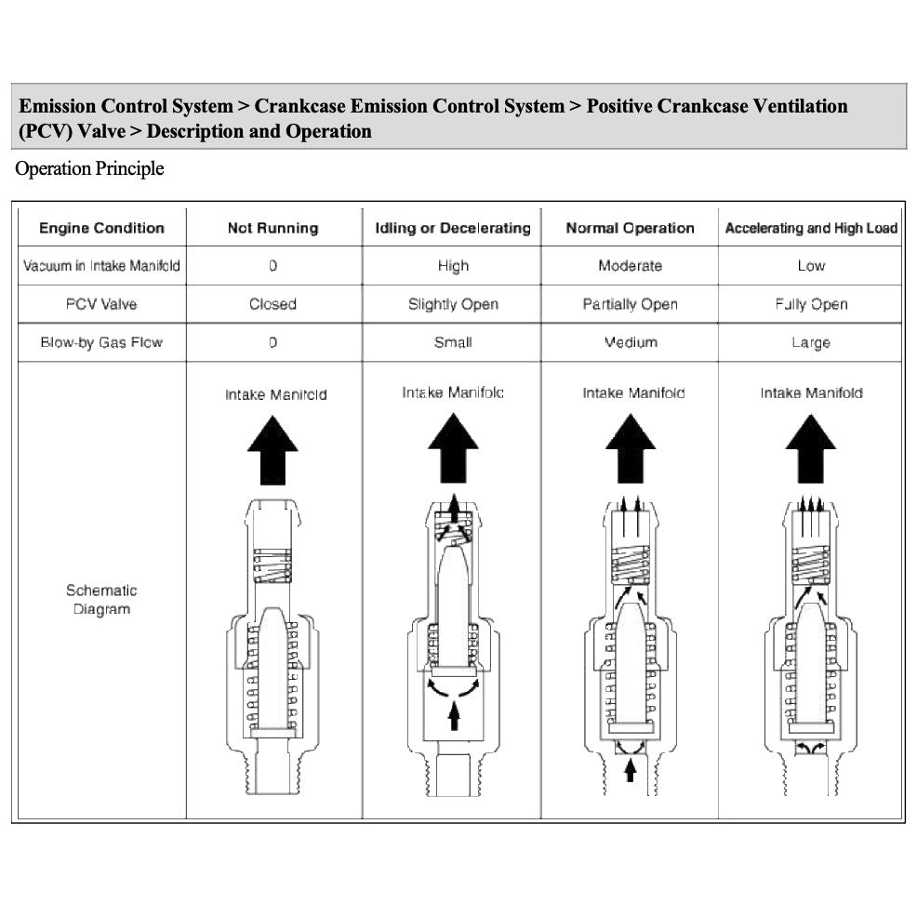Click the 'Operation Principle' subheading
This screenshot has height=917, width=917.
pyautogui.click(x=89, y=168)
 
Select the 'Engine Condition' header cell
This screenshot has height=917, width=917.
pyautogui.click(x=101, y=228)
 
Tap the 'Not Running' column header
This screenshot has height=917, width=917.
pyautogui.click(x=272, y=228)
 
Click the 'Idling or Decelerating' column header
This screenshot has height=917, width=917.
pyautogui.click(x=452, y=228)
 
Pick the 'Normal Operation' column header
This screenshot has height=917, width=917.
pyautogui.click(x=630, y=228)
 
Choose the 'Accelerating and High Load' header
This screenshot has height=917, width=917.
pyautogui.click(x=811, y=228)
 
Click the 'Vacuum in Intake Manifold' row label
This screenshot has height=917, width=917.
pyautogui.click(x=101, y=266)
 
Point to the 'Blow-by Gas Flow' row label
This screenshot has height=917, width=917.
pyautogui.click(x=101, y=342)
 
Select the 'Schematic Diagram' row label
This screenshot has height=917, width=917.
pyautogui.click(x=101, y=600)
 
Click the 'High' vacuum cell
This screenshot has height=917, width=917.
pyautogui.click(x=453, y=266)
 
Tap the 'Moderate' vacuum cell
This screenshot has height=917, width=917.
pyautogui.click(x=630, y=266)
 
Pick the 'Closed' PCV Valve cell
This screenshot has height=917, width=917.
pyautogui.click(x=272, y=304)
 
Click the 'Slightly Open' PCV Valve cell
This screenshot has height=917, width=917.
pyautogui.click(x=453, y=304)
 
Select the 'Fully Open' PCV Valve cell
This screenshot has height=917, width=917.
pyautogui.click(x=811, y=304)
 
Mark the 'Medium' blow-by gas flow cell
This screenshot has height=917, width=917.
pyautogui.click(x=630, y=342)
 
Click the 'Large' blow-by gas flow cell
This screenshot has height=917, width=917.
pyautogui.click(x=811, y=343)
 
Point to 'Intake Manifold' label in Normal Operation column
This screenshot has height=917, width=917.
pyautogui.click(x=633, y=393)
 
